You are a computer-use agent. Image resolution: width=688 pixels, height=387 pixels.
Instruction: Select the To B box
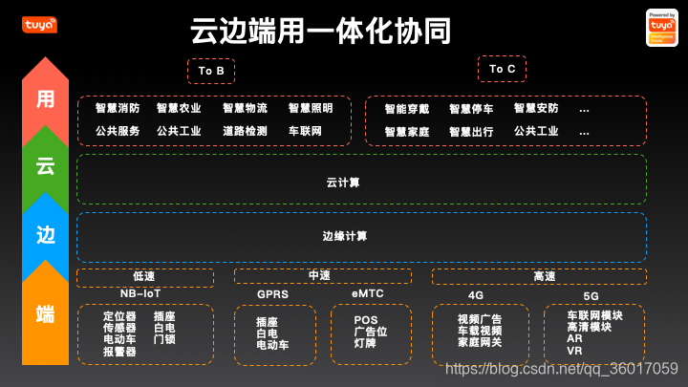point(210,71)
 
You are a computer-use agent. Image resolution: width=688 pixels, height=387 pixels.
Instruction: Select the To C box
point(502,69)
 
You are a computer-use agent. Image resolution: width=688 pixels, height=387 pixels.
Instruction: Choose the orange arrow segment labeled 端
point(45,312)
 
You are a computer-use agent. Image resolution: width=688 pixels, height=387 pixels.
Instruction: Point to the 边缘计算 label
point(344,236)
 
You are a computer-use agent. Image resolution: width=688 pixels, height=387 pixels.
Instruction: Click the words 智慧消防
point(118,109)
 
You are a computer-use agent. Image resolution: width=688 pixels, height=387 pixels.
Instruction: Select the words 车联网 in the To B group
point(305,131)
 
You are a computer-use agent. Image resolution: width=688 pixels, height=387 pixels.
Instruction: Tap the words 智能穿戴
point(407,110)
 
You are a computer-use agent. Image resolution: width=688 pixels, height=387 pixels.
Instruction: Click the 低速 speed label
point(144,276)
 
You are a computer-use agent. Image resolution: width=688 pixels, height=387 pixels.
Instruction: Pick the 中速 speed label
point(319,276)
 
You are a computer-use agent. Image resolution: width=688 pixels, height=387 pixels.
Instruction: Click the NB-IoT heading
point(140,293)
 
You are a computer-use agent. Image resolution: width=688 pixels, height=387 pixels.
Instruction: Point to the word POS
point(366,320)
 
